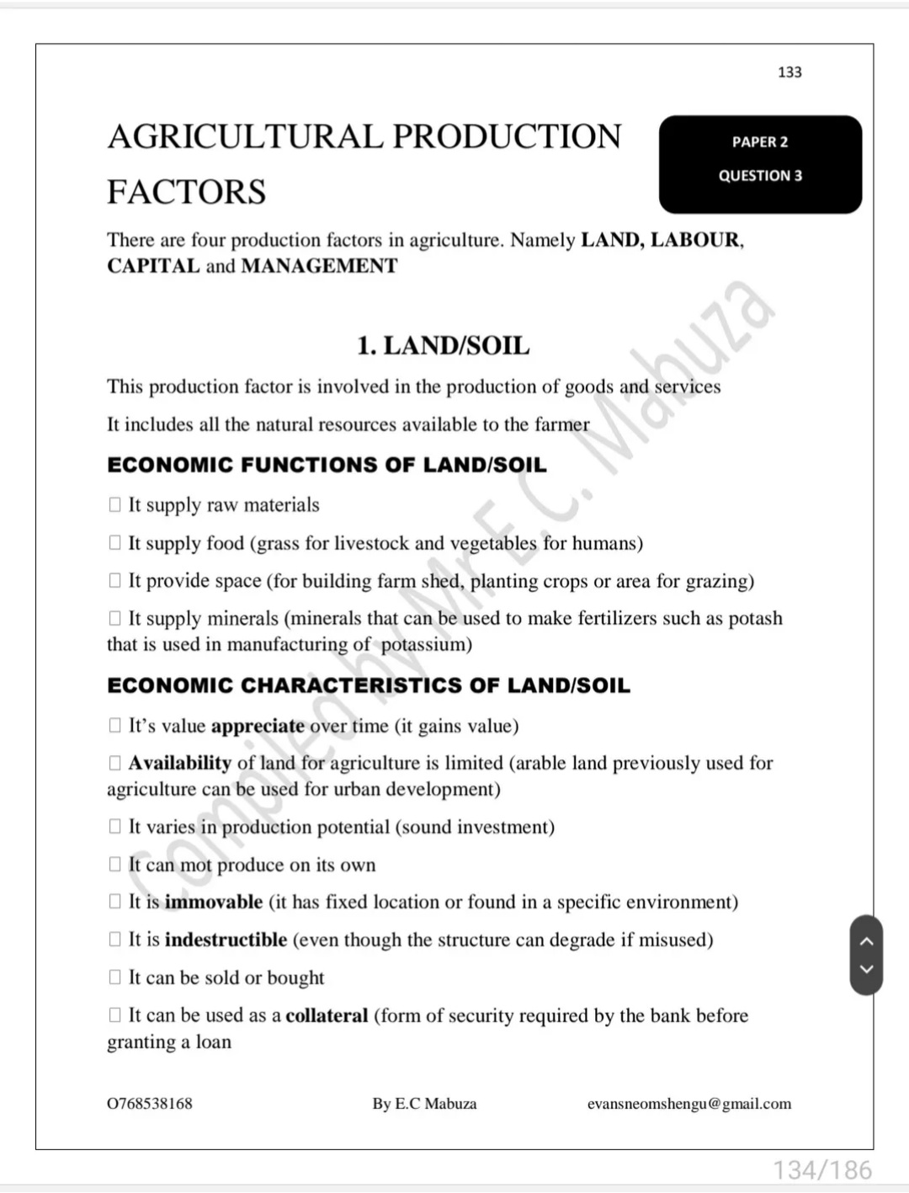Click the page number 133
coord(789,72)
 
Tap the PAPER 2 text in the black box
coord(760,142)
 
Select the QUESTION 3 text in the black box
coord(760,176)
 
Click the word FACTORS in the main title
coord(186,192)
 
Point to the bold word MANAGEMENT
coord(319,266)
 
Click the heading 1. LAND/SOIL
coord(443,346)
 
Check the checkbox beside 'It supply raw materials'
coord(115,505)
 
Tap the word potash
coord(755,619)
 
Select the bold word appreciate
coord(258,727)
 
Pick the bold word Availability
coord(179,764)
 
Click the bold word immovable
coord(214,903)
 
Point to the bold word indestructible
coord(226,940)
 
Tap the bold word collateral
coord(327,1016)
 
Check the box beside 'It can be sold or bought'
coord(115,977)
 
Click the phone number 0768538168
coord(150,1104)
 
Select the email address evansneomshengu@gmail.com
coord(689,1104)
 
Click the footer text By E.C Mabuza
coord(424,1104)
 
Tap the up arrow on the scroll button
coord(866,941)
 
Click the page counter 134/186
coord(822,1169)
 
